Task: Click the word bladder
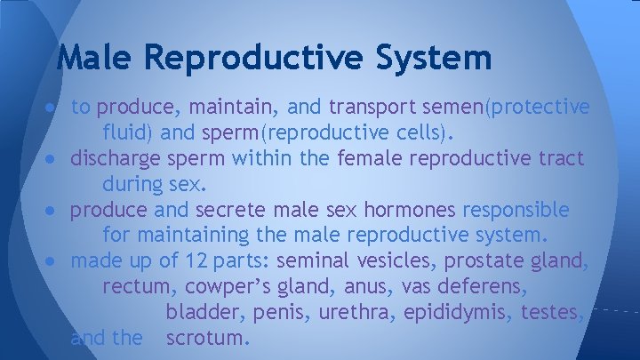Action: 204,313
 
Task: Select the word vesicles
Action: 389,261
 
